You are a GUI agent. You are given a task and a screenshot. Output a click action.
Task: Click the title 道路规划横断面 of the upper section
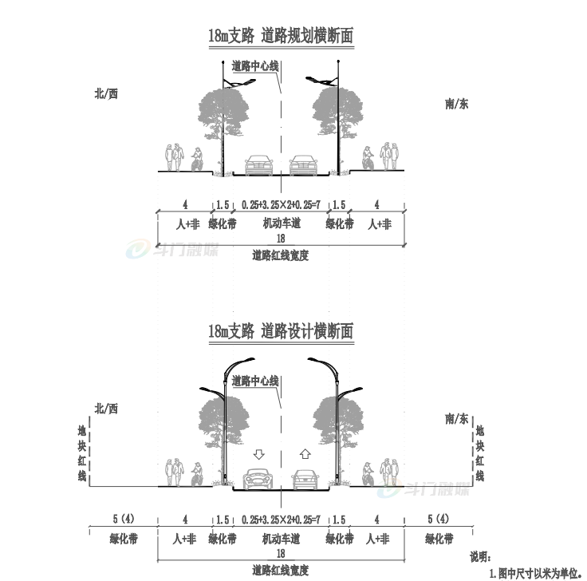tap(307, 36)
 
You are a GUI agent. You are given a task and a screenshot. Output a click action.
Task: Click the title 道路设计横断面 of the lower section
tap(307, 331)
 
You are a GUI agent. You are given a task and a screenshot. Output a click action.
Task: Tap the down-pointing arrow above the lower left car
tap(258, 454)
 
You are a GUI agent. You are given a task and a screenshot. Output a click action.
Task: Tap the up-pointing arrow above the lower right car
tap(305, 454)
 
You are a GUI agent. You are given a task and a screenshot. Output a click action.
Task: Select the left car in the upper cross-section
tap(258, 165)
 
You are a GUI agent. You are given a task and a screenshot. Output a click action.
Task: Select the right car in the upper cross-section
tap(303, 165)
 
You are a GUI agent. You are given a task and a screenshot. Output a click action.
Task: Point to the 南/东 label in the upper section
tap(456, 104)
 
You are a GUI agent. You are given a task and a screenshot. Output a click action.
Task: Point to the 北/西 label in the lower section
tap(106, 409)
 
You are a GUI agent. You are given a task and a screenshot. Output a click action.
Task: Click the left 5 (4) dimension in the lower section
tap(124, 519)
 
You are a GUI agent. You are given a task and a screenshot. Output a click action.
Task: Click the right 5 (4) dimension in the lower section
tap(439, 519)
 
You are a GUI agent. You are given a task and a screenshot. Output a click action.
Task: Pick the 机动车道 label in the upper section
tap(282, 223)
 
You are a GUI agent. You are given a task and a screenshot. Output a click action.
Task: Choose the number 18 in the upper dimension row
tap(281, 239)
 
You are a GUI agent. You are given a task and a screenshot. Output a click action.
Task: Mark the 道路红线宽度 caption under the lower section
tap(281, 571)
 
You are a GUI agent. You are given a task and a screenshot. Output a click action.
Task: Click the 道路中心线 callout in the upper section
tap(255, 66)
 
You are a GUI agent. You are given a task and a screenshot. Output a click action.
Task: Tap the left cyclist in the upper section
tap(197, 159)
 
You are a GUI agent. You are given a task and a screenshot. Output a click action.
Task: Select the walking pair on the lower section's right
tap(389, 472)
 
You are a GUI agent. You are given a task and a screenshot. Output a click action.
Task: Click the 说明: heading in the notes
tap(480, 557)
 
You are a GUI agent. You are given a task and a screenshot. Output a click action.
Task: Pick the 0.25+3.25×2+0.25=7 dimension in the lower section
tap(282, 520)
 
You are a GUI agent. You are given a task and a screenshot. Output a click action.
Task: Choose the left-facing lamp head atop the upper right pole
tap(317, 80)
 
